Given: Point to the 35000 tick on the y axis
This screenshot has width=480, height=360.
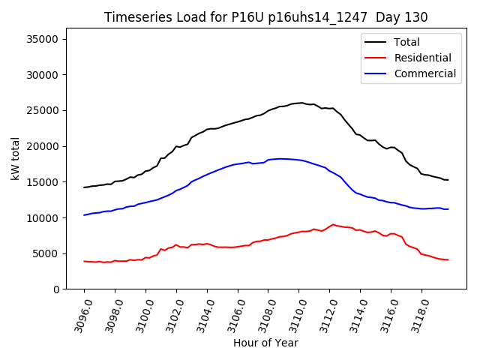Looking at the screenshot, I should (50, 39).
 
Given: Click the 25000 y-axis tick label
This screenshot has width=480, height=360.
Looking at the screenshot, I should (50, 110).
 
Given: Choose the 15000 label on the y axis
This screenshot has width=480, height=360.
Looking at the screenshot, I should (50, 182).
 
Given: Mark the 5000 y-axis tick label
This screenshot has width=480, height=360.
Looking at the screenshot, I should (53, 253).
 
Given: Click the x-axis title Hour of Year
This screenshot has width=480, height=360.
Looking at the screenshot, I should (265, 343).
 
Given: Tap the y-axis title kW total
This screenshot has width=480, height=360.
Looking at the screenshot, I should (15, 158).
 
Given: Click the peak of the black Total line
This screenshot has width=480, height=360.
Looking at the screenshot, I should (301, 103).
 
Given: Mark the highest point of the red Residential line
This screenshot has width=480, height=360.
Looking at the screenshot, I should (333, 224).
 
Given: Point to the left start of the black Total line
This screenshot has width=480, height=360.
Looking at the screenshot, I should (84, 187).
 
